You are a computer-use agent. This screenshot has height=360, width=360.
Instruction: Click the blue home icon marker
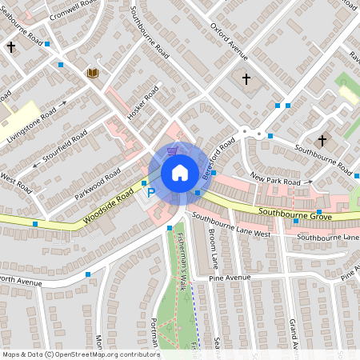[x=179, y=173]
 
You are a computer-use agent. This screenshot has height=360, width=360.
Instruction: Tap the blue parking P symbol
[x=150, y=193]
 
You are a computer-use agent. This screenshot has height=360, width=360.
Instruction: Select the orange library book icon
[x=93, y=74]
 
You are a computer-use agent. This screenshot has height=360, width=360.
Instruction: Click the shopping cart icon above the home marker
[x=173, y=150]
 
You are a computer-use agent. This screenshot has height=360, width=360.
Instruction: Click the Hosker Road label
[x=145, y=110]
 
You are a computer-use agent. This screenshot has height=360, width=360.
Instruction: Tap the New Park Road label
[x=280, y=179]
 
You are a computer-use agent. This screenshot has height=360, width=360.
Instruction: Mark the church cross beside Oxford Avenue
[x=246, y=79]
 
